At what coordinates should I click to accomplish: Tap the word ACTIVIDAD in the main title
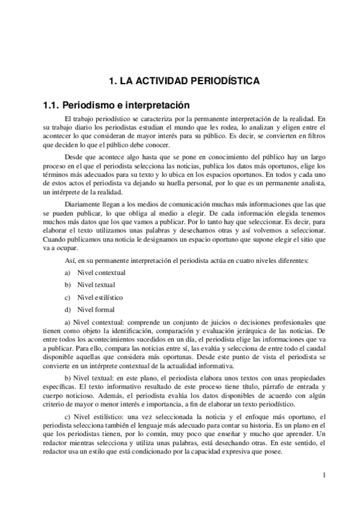[162, 80]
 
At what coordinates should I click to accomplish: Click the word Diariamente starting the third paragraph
[81, 203]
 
